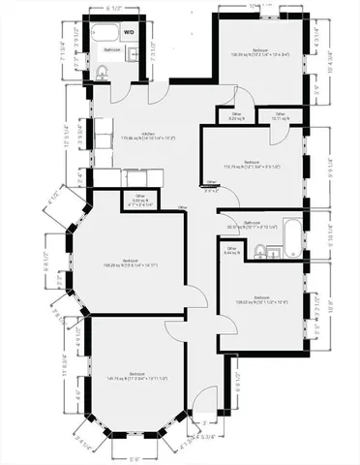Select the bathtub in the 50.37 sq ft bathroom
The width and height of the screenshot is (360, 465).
pos(290,233)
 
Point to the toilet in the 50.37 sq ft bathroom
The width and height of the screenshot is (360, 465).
pos(260,252)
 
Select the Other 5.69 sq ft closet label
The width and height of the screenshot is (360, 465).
pos(139,201)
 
